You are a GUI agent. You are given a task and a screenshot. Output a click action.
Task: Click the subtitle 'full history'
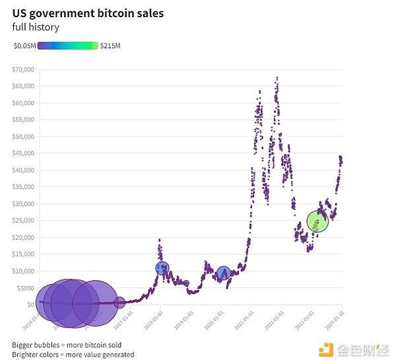click(36, 27)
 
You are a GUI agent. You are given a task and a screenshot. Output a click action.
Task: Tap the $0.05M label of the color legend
click(24, 46)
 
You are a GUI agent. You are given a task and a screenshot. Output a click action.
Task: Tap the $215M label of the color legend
click(110, 46)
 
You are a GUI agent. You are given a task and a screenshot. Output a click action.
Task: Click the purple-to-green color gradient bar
click(68, 46)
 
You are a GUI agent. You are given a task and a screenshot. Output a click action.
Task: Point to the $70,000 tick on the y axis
click(23, 69)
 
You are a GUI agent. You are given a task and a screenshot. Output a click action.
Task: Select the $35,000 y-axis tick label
click(23, 187)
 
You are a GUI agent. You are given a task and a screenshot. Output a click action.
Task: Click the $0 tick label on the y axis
click(30, 305)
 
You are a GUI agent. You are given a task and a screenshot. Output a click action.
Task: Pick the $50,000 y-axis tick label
click(23, 137)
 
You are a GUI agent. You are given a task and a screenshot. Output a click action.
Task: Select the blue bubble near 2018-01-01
click(163, 268)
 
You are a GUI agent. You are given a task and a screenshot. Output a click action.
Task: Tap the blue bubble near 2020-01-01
click(224, 272)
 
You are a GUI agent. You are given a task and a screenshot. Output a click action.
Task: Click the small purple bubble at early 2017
click(119, 303)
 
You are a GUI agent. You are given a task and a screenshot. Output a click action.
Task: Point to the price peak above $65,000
click(277, 78)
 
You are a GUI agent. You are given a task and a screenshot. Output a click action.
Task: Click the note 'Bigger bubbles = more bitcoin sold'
click(67, 345)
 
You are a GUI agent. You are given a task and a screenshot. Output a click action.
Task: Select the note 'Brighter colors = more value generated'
click(73, 355)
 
